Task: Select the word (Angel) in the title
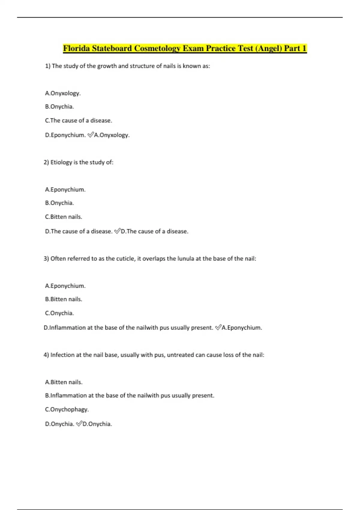pyautogui.click(x=268, y=48)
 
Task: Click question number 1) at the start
pyautogui.click(x=47, y=66)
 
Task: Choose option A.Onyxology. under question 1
pyautogui.click(x=63, y=93)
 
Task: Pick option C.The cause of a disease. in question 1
pyautogui.click(x=78, y=121)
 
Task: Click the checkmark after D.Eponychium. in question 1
pyautogui.click(x=90, y=135)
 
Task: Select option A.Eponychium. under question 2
pyautogui.click(x=65, y=190)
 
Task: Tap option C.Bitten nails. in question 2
pyautogui.click(x=63, y=217)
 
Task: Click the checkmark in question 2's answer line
pyautogui.click(x=117, y=231)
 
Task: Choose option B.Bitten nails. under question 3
pyautogui.click(x=63, y=299)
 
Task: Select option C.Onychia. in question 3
pyautogui.click(x=59, y=313)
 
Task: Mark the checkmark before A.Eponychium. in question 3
pyautogui.click(x=218, y=327)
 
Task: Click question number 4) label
pyautogui.click(x=46, y=355)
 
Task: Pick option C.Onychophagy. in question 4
pyautogui.click(x=67, y=409)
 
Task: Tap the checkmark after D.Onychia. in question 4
pyautogui.click(x=79, y=424)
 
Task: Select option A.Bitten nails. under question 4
pyautogui.click(x=64, y=382)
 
